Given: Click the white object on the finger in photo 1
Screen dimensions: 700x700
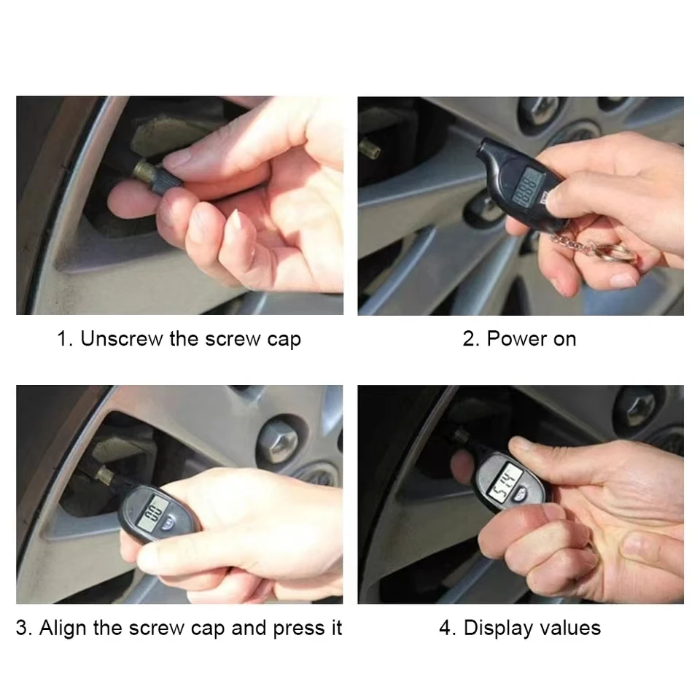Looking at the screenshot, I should [236, 221].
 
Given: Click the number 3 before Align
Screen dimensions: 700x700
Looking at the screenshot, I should [23, 628].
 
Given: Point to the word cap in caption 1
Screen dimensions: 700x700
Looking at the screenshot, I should [283, 340].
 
